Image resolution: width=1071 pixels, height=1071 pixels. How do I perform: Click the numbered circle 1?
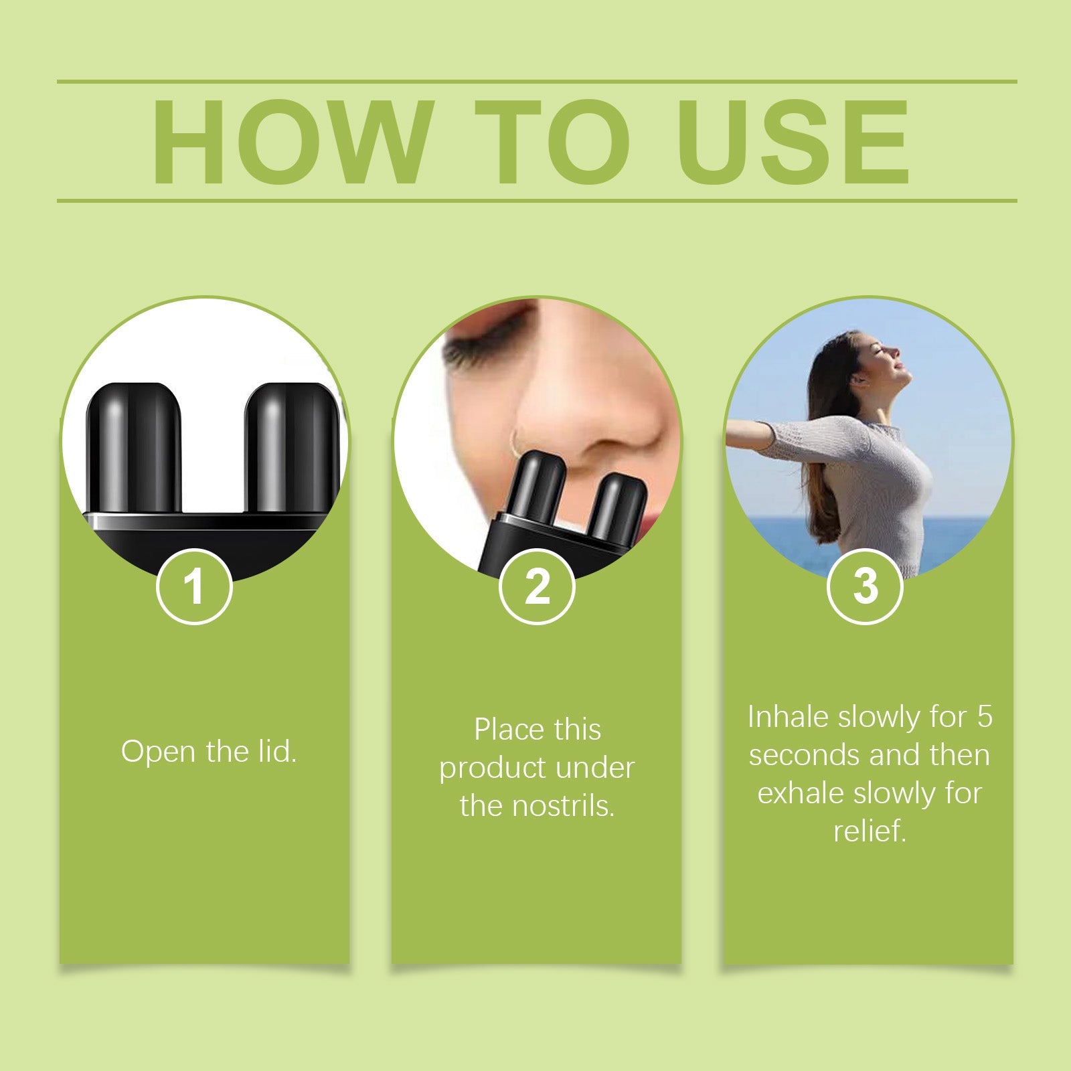pos(194,586)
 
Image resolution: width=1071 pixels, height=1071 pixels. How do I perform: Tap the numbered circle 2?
pos(537,586)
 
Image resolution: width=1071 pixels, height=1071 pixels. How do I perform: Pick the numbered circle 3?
pos(865,586)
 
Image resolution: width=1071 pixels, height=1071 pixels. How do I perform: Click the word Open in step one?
pos(159,752)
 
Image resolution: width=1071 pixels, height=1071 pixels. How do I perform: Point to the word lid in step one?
pos(276,751)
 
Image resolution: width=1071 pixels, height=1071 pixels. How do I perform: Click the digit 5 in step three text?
pos(984,717)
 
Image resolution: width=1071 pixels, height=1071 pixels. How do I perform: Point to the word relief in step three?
pos(869,831)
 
